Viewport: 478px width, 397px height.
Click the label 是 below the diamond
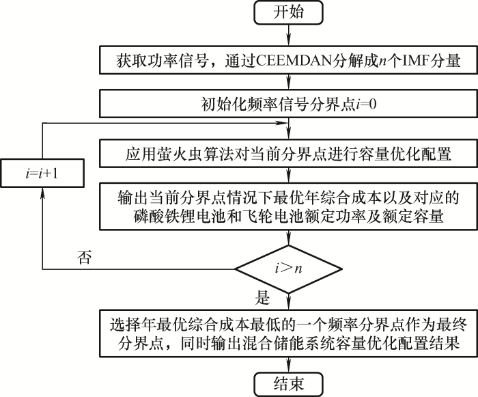262,299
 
